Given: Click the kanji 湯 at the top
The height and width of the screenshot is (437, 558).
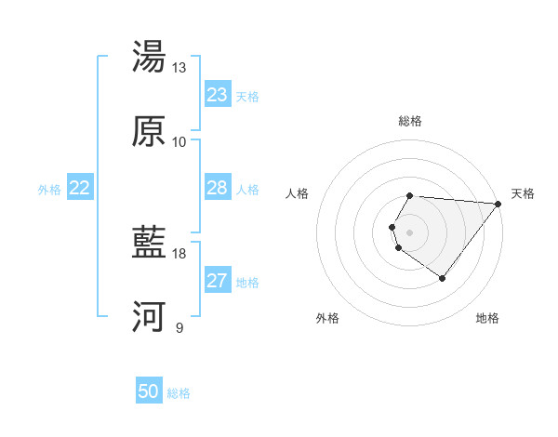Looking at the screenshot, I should [x=150, y=57].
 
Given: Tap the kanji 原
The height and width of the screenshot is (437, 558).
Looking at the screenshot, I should [x=150, y=131].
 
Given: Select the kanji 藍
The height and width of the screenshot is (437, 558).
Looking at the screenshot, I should [x=150, y=244].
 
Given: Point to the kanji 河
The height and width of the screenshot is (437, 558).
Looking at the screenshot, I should [x=150, y=317].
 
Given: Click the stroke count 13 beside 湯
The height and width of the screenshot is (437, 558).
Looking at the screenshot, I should [x=179, y=68].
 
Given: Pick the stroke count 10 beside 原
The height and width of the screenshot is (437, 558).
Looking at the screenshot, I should [x=179, y=142].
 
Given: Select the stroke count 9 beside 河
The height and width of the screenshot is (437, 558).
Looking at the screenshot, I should [x=179, y=328].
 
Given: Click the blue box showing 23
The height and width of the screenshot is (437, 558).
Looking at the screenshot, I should [x=218, y=95].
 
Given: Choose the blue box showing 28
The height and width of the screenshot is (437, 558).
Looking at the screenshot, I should [x=218, y=188].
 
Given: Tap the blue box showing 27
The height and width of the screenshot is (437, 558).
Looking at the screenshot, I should [x=218, y=281].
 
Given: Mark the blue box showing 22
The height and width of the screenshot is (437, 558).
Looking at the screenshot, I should [x=80, y=188].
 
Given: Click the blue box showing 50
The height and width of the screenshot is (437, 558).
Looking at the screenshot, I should [x=149, y=392].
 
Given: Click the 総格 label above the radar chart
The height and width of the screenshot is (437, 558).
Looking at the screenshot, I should [x=410, y=122].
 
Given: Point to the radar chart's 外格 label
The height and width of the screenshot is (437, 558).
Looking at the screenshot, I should [x=327, y=318].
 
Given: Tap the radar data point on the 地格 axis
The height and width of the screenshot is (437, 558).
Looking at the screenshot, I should [x=442, y=278].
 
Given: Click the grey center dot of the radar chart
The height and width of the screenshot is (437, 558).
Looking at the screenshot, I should [x=410, y=232].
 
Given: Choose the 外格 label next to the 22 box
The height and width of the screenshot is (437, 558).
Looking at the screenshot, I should [x=49, y=190].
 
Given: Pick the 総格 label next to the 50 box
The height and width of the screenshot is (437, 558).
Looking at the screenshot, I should [x=179, y=394].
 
